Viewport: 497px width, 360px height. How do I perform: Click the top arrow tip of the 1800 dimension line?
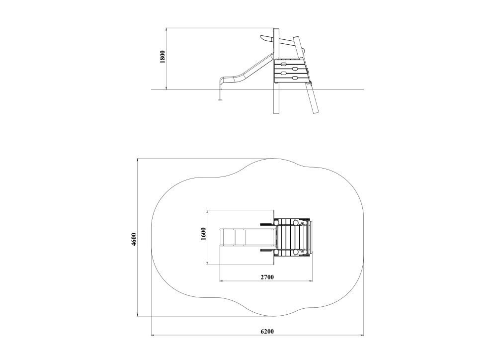pos(166,28)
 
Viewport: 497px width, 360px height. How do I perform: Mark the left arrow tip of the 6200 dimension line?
pos(151,335)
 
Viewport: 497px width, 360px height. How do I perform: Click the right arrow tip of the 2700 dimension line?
pos(313,281)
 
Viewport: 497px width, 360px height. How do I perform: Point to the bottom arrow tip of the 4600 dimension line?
pos(137,316)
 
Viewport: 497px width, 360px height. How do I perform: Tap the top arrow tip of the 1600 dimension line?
pos(207,210)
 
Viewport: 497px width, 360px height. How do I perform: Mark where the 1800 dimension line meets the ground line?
pos(166,90)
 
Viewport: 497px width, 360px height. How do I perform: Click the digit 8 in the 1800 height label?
pos(163,57)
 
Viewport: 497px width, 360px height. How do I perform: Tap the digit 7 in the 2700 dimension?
pos(265,277)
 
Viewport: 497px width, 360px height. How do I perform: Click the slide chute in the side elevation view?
pos(247,71)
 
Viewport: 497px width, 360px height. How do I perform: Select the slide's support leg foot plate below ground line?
pos(221,100)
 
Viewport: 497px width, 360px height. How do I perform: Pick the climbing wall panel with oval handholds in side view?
pos(291,71)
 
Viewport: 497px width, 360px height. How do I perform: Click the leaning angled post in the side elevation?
pos(306,75)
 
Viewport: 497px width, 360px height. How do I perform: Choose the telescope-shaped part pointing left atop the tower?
pos(266,38)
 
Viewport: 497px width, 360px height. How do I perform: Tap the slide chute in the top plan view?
pos(247,237)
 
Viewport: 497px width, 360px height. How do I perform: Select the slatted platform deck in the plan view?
pos(292,237)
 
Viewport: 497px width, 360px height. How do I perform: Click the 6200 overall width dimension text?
pos(267,331)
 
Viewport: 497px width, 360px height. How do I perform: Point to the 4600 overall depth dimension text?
pos(134,239)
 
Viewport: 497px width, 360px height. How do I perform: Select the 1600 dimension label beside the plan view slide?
pos(203,234)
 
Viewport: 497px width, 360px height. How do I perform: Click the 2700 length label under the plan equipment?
pos(267,277)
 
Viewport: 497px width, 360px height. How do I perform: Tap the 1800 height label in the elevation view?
pos(163,57)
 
